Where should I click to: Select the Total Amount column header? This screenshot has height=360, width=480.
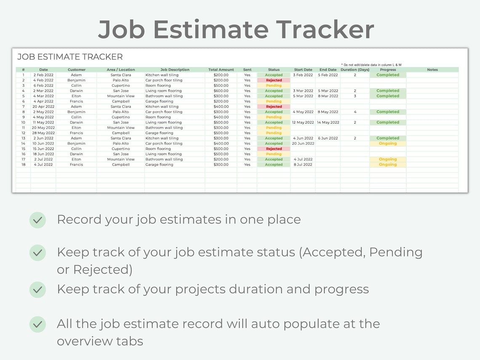[x=221, y=69]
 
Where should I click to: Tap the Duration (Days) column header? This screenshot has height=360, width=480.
[x=355, y=69]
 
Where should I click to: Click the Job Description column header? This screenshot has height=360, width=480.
[x=175, y=69]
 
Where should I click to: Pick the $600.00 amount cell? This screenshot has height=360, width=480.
[x=221, y=91]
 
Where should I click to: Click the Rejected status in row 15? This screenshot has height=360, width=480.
[x=274, y=149]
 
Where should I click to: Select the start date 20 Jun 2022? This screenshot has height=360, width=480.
[x=303, y=144]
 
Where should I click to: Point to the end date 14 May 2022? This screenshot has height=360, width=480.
[x=328, y=123]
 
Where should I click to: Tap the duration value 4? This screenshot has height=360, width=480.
[x=355, y=112]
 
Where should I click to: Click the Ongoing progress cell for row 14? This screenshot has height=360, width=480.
[x=388, y=144]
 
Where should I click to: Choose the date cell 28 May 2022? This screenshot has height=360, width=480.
[x=43, y=133]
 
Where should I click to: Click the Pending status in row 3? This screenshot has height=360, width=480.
[x=274, y=85]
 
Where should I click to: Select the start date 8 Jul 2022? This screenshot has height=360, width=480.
[x=303, y=165]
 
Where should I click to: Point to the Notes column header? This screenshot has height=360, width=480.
[x=432, y=69]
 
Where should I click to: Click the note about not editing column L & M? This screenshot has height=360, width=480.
[x=371, y=65]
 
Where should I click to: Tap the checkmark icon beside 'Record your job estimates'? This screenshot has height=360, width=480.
[x=37, y=220]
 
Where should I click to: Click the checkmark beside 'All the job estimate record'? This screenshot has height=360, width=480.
[x=37, y=324]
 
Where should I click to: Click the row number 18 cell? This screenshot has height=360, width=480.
[x=24, y=165]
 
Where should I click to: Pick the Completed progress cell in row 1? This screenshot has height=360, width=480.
[x=388, y=75]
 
